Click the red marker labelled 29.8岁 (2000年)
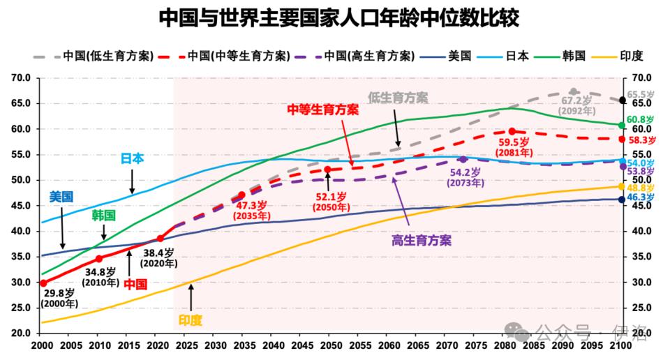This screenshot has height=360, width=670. point(43,283)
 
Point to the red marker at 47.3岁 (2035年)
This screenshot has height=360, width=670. point(242,195)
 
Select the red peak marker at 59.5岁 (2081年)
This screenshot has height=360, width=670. point(512,131)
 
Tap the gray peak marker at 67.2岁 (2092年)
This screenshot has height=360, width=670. point(574,92)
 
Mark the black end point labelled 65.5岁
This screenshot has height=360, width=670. point(623,100)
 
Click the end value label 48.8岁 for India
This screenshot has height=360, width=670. point(641,188)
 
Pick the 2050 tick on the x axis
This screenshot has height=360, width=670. point(331,346)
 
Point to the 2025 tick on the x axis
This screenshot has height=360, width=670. point(187,346)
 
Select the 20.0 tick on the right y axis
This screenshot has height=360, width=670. point(641,333)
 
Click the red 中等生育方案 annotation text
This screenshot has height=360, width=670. point(323,110)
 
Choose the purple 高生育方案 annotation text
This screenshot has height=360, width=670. point(421,241)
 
